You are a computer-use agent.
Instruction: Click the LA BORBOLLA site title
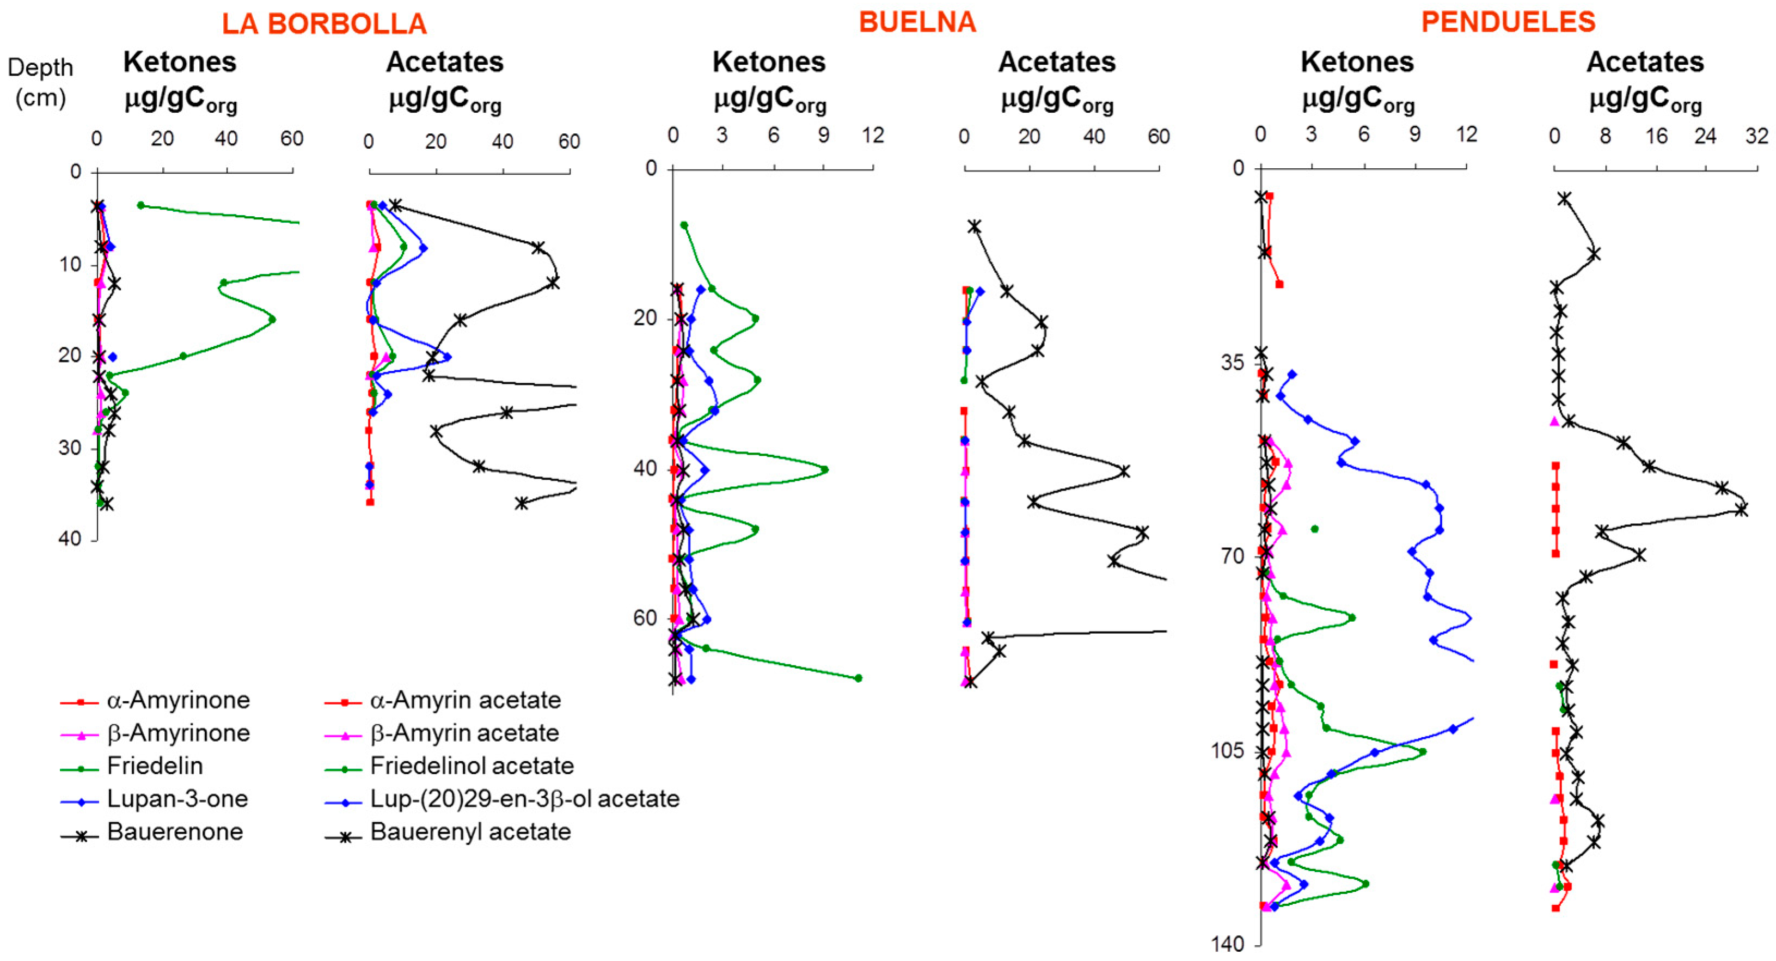(x=324, y=24)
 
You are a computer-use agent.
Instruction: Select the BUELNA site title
(x=917, y=23)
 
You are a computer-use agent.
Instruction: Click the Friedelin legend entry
(x=155, y=766)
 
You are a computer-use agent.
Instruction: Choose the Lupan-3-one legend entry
(x=177, y=799)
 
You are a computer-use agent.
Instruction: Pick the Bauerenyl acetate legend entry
(x=470, y=832)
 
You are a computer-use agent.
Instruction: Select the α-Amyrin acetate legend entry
(x=466, y=700)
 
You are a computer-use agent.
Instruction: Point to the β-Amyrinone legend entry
(x=178, y=733)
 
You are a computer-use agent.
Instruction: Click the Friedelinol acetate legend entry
(x=471, y=766)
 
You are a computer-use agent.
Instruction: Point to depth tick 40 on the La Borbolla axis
(x=70, y=538)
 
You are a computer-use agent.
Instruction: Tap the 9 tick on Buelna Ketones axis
(x=823, y=136)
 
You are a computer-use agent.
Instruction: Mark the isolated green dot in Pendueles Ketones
(x=1315, y=529)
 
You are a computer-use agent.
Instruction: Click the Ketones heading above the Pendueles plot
(x=1357, y=63)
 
